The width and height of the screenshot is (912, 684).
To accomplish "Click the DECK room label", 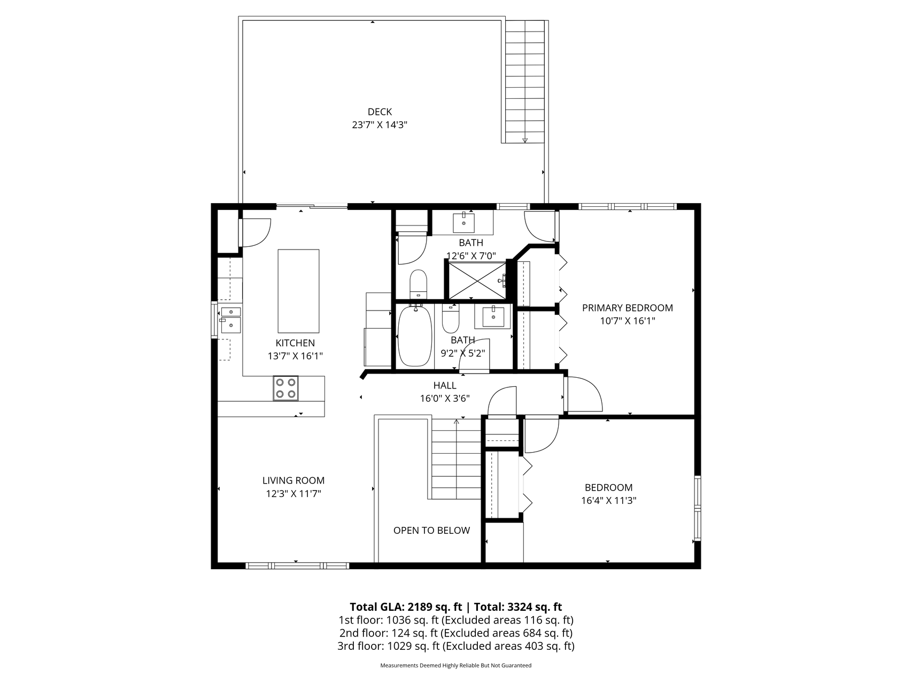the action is pos(380,112).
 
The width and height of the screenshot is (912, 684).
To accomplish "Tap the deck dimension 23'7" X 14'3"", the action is pos(380,125).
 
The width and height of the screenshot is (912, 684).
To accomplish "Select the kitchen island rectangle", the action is pos(298,291).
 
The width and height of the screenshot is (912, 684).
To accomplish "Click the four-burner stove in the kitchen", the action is pos(285,388).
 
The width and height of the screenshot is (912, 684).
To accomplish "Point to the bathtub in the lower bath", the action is pos(415,336).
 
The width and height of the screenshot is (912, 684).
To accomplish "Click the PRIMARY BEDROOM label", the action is pos(627,308).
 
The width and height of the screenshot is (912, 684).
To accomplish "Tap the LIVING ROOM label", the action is pos(293,480).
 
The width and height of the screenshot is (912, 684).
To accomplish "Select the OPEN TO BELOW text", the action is pos(431,530).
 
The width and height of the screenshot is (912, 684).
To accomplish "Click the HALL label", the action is pos(445,385).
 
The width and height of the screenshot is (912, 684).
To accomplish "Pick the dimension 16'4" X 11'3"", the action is pos(608,501).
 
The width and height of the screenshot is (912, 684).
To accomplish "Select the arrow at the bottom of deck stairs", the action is pos(525,140).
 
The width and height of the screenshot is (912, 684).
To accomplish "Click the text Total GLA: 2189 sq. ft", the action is pos(406,607).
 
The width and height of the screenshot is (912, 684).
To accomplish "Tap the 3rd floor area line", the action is pos(455,646).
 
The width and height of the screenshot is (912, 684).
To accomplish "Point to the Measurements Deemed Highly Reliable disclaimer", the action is pos(455,666).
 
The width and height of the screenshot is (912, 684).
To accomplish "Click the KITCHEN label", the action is pos(295,343).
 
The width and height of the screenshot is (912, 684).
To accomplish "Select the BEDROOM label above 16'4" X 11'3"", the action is pos(608,487).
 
